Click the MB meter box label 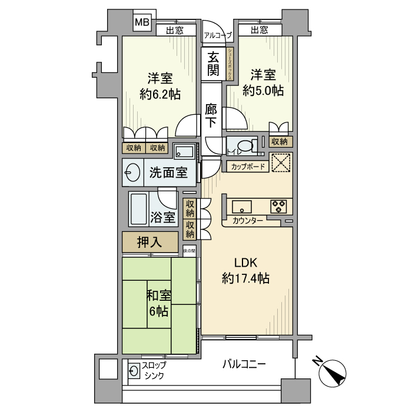[142, 23]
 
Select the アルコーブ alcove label [217, 35]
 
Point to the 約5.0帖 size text [264, 91]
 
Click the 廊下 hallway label [211, 116]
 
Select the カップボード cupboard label [247, 167]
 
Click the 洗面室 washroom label [168, 173]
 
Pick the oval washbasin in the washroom [132, 173]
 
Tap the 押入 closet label [149, 241]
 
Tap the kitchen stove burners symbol [278, 206]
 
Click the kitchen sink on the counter [242, 206]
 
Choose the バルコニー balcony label [244, 364]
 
